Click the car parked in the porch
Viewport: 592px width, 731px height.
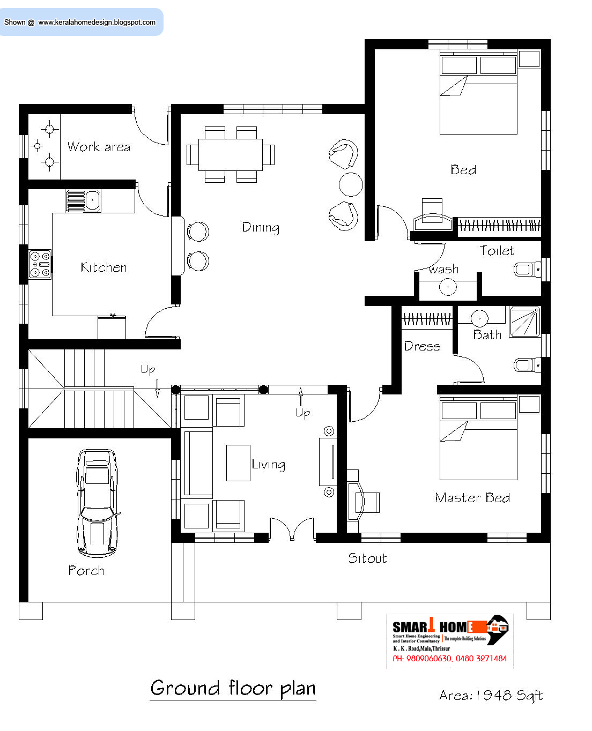pos(97,502)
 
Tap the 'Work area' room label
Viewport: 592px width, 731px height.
pos(99,147)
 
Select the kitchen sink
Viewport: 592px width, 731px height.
pos(83,201)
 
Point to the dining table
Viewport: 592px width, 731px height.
pos(231,154)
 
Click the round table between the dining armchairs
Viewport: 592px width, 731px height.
pos(351,184)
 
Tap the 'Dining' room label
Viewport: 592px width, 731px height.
pos(261,227)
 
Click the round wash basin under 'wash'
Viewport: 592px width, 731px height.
pos(448,287)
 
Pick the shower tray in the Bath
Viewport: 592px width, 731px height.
pos(524,322)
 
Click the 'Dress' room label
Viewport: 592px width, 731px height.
pos(422,346)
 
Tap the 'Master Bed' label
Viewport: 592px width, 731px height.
pos(472,498)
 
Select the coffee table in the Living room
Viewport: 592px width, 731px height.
pos(238,463)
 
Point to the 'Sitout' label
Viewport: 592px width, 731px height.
pos(367,558)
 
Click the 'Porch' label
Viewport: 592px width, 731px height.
pos(86,571)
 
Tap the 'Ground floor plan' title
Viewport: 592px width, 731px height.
pos(233,688)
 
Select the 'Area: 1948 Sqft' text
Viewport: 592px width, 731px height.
pos(491,696)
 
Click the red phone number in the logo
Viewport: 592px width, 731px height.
pos(449,659)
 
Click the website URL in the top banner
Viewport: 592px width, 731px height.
pos(97,23)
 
